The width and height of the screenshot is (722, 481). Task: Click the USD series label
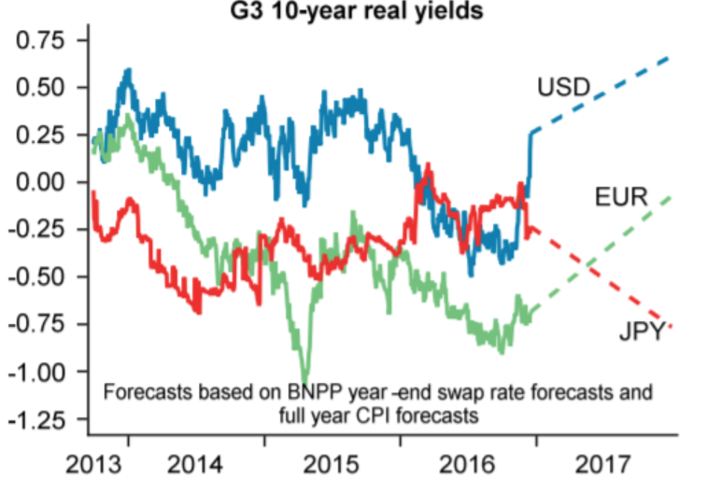pos(563,89)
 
